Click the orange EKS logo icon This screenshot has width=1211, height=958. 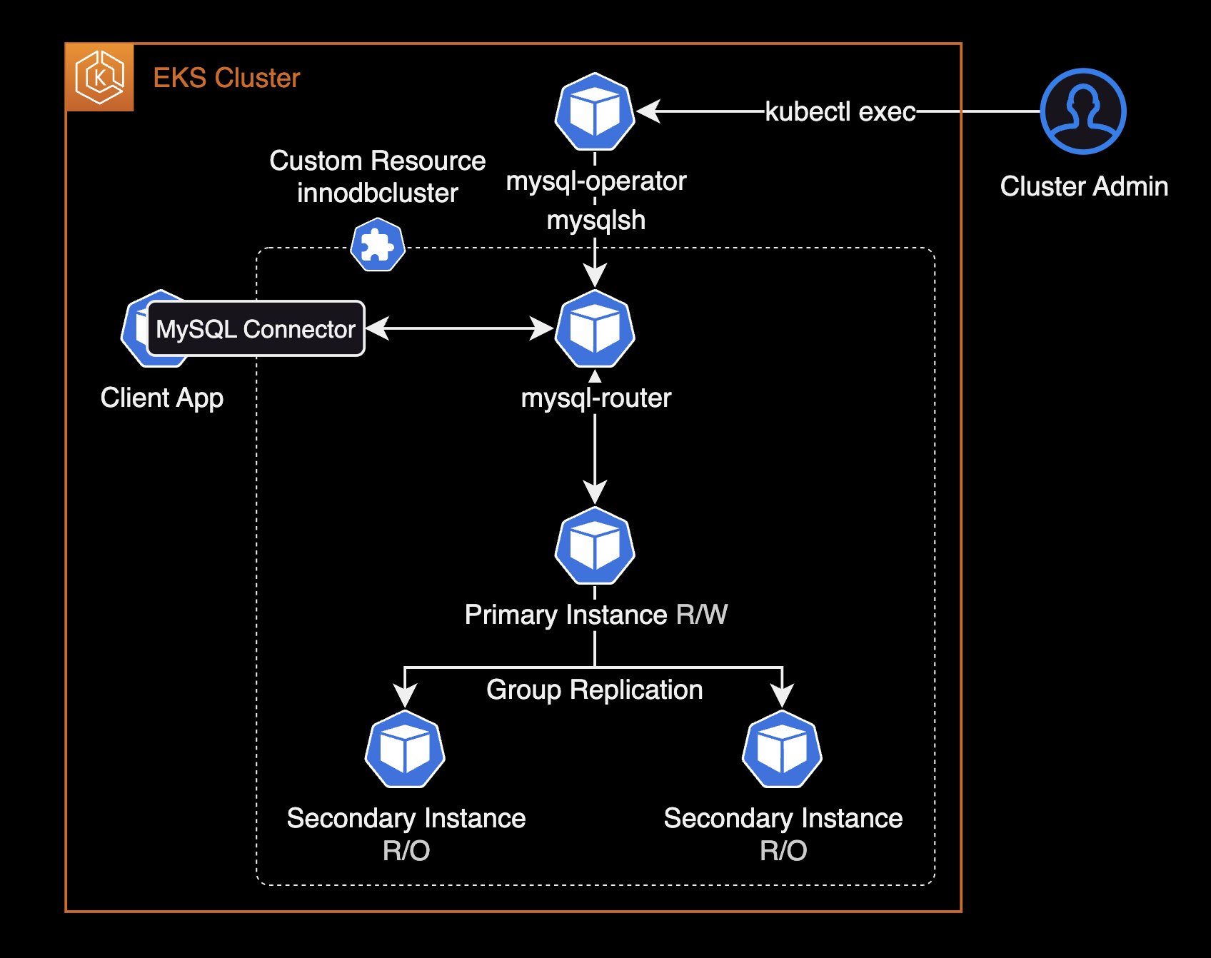(99, 77)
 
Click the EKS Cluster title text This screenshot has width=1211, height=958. (226, 78)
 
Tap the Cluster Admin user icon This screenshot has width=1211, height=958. (1082, 111)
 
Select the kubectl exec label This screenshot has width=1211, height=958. (840, 111)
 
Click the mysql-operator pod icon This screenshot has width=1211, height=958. (595, 112)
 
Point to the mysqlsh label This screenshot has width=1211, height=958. (596, 221)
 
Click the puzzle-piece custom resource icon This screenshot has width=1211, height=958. (378, 246)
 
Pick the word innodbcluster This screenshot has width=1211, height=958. (377, 193)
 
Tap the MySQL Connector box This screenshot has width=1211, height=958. (256, 328)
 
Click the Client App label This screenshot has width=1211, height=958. (162, 398)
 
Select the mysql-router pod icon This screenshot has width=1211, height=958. (595, 329)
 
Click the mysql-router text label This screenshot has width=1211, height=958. (596, 398)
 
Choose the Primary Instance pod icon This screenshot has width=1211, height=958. (595, 546)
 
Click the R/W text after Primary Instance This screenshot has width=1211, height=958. (701, 615)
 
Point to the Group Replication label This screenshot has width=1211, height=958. (594, 690)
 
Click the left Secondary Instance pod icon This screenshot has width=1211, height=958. (405, 750)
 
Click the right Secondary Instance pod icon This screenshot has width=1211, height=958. (782, 750)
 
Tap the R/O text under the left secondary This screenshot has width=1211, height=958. (406, 851)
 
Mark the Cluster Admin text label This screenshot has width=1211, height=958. (1084, 186)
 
